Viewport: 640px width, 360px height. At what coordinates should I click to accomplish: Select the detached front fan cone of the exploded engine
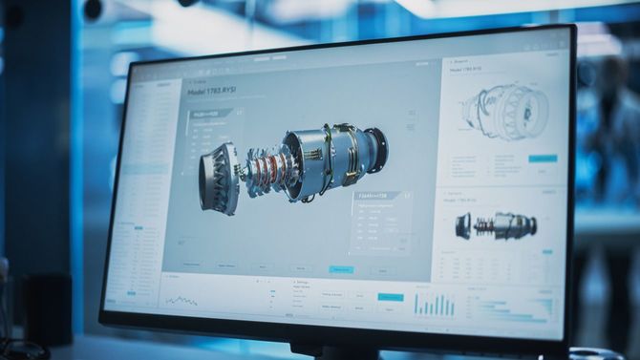pos(219,179)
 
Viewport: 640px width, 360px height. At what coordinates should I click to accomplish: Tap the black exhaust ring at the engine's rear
pos(375,150)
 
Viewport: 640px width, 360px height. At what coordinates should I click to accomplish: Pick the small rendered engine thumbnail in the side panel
pos(496,225)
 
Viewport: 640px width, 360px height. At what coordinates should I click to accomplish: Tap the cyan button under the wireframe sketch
pos(543,158)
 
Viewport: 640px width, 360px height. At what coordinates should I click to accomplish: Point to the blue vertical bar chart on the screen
pos(434,305)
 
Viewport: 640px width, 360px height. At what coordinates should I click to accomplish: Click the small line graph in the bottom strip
pos(181,301)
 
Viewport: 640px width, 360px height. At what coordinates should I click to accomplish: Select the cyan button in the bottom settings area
pos(390,297)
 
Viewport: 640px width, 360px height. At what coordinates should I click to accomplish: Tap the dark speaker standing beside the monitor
pos(47,309)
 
